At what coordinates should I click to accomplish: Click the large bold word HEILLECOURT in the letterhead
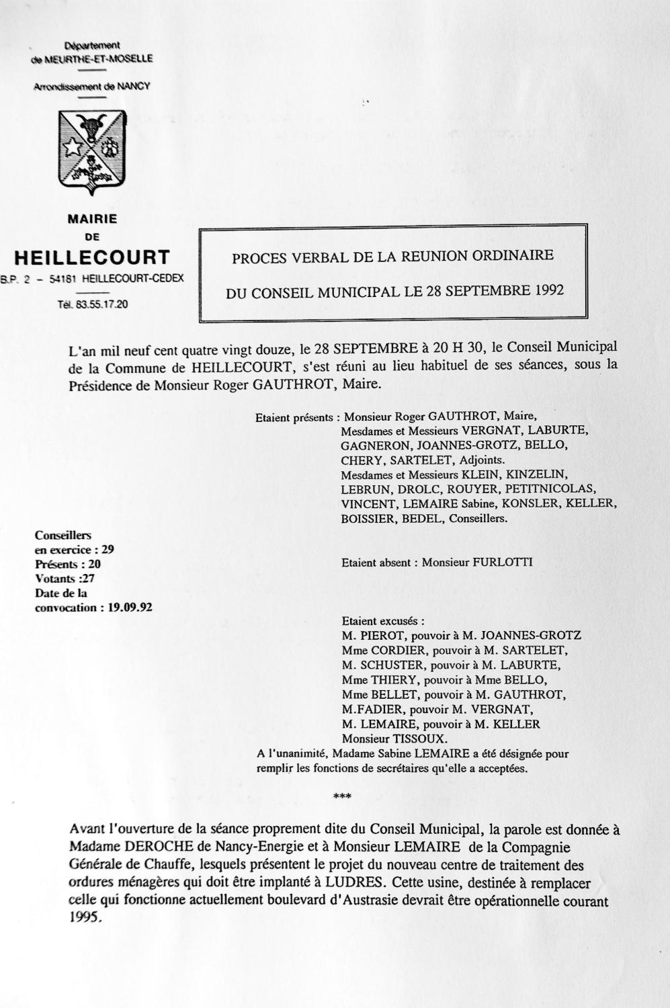point(92,257)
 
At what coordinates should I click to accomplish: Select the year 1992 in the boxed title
point(550,291)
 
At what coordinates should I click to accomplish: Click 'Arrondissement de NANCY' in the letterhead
point(92,87)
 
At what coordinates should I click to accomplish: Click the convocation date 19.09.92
point(130,607)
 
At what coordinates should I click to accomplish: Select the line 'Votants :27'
point(67,579)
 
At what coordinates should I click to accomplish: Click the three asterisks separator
point(342,797)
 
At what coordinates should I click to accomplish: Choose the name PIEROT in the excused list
point(381,635)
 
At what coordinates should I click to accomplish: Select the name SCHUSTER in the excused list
point(390,665)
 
